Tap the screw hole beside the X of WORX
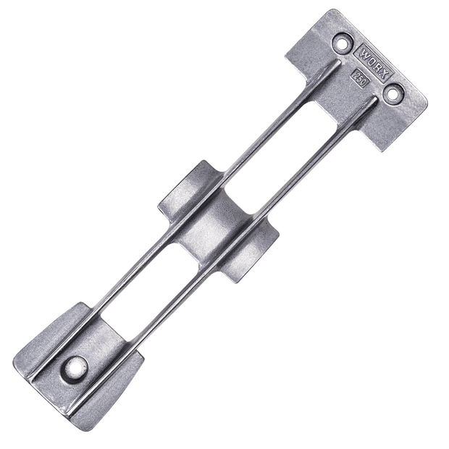395,93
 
